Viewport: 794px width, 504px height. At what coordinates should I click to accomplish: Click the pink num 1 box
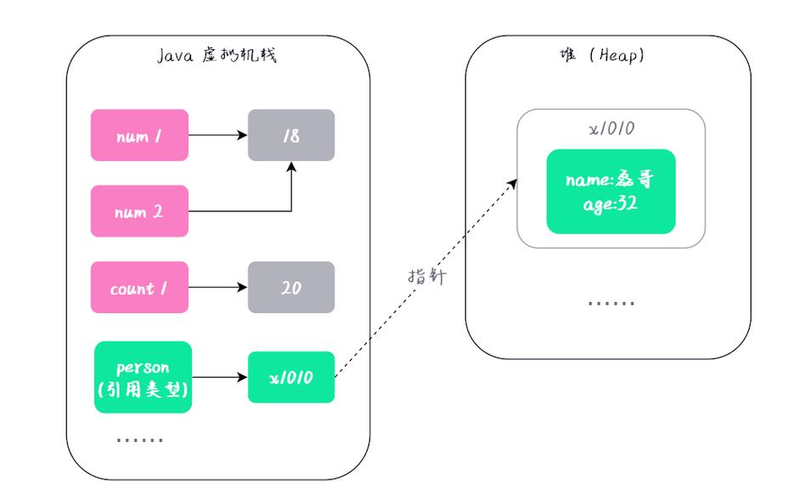click(x=139, y=135)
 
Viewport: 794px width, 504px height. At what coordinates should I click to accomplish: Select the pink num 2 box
click(x=139, y=212)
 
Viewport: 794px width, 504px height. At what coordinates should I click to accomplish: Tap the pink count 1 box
click(x=139, y=288)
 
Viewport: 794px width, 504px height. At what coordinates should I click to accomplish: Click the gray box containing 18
click(x=291, y=135)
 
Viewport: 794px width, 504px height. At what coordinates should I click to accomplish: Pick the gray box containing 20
click(x=291, y=288)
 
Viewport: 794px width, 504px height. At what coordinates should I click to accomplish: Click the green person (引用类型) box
click(x=144, y=377)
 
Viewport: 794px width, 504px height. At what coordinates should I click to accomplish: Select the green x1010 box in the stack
click(x=291, y=377)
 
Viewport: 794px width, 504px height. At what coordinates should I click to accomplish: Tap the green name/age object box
click(x=611, y=192)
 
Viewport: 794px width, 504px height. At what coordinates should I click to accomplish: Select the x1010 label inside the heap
click(x=611, y=129)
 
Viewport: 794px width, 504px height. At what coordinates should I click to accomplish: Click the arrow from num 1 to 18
click(x=217, y=135)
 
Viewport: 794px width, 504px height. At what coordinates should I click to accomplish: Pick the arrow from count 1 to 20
click(x=217, y=288)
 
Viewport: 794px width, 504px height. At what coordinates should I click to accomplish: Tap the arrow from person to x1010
click(x=219, y=377)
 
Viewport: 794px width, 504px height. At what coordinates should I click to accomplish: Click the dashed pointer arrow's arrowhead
click(x=514, y=182)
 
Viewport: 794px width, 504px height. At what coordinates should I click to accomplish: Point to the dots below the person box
click(x=139, y=440)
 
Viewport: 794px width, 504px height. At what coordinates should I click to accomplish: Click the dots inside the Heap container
click(x=611, y=302)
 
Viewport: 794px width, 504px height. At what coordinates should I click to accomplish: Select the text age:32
click(x=611, y=204)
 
